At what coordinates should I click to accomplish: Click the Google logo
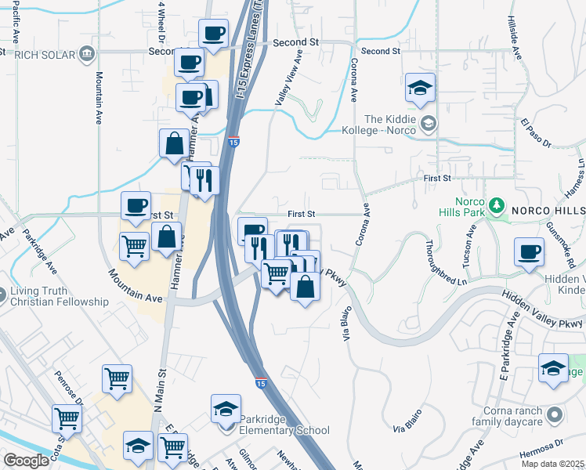tap(25, 461)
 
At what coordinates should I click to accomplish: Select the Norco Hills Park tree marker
tap(495, 205)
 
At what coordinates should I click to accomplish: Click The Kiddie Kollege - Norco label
tap(383, 123)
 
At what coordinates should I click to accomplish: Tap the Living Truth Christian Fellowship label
tap(60, 296)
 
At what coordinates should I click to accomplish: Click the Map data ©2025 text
tap(553, 464)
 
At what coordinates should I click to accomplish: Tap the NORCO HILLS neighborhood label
tap(548, 211)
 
